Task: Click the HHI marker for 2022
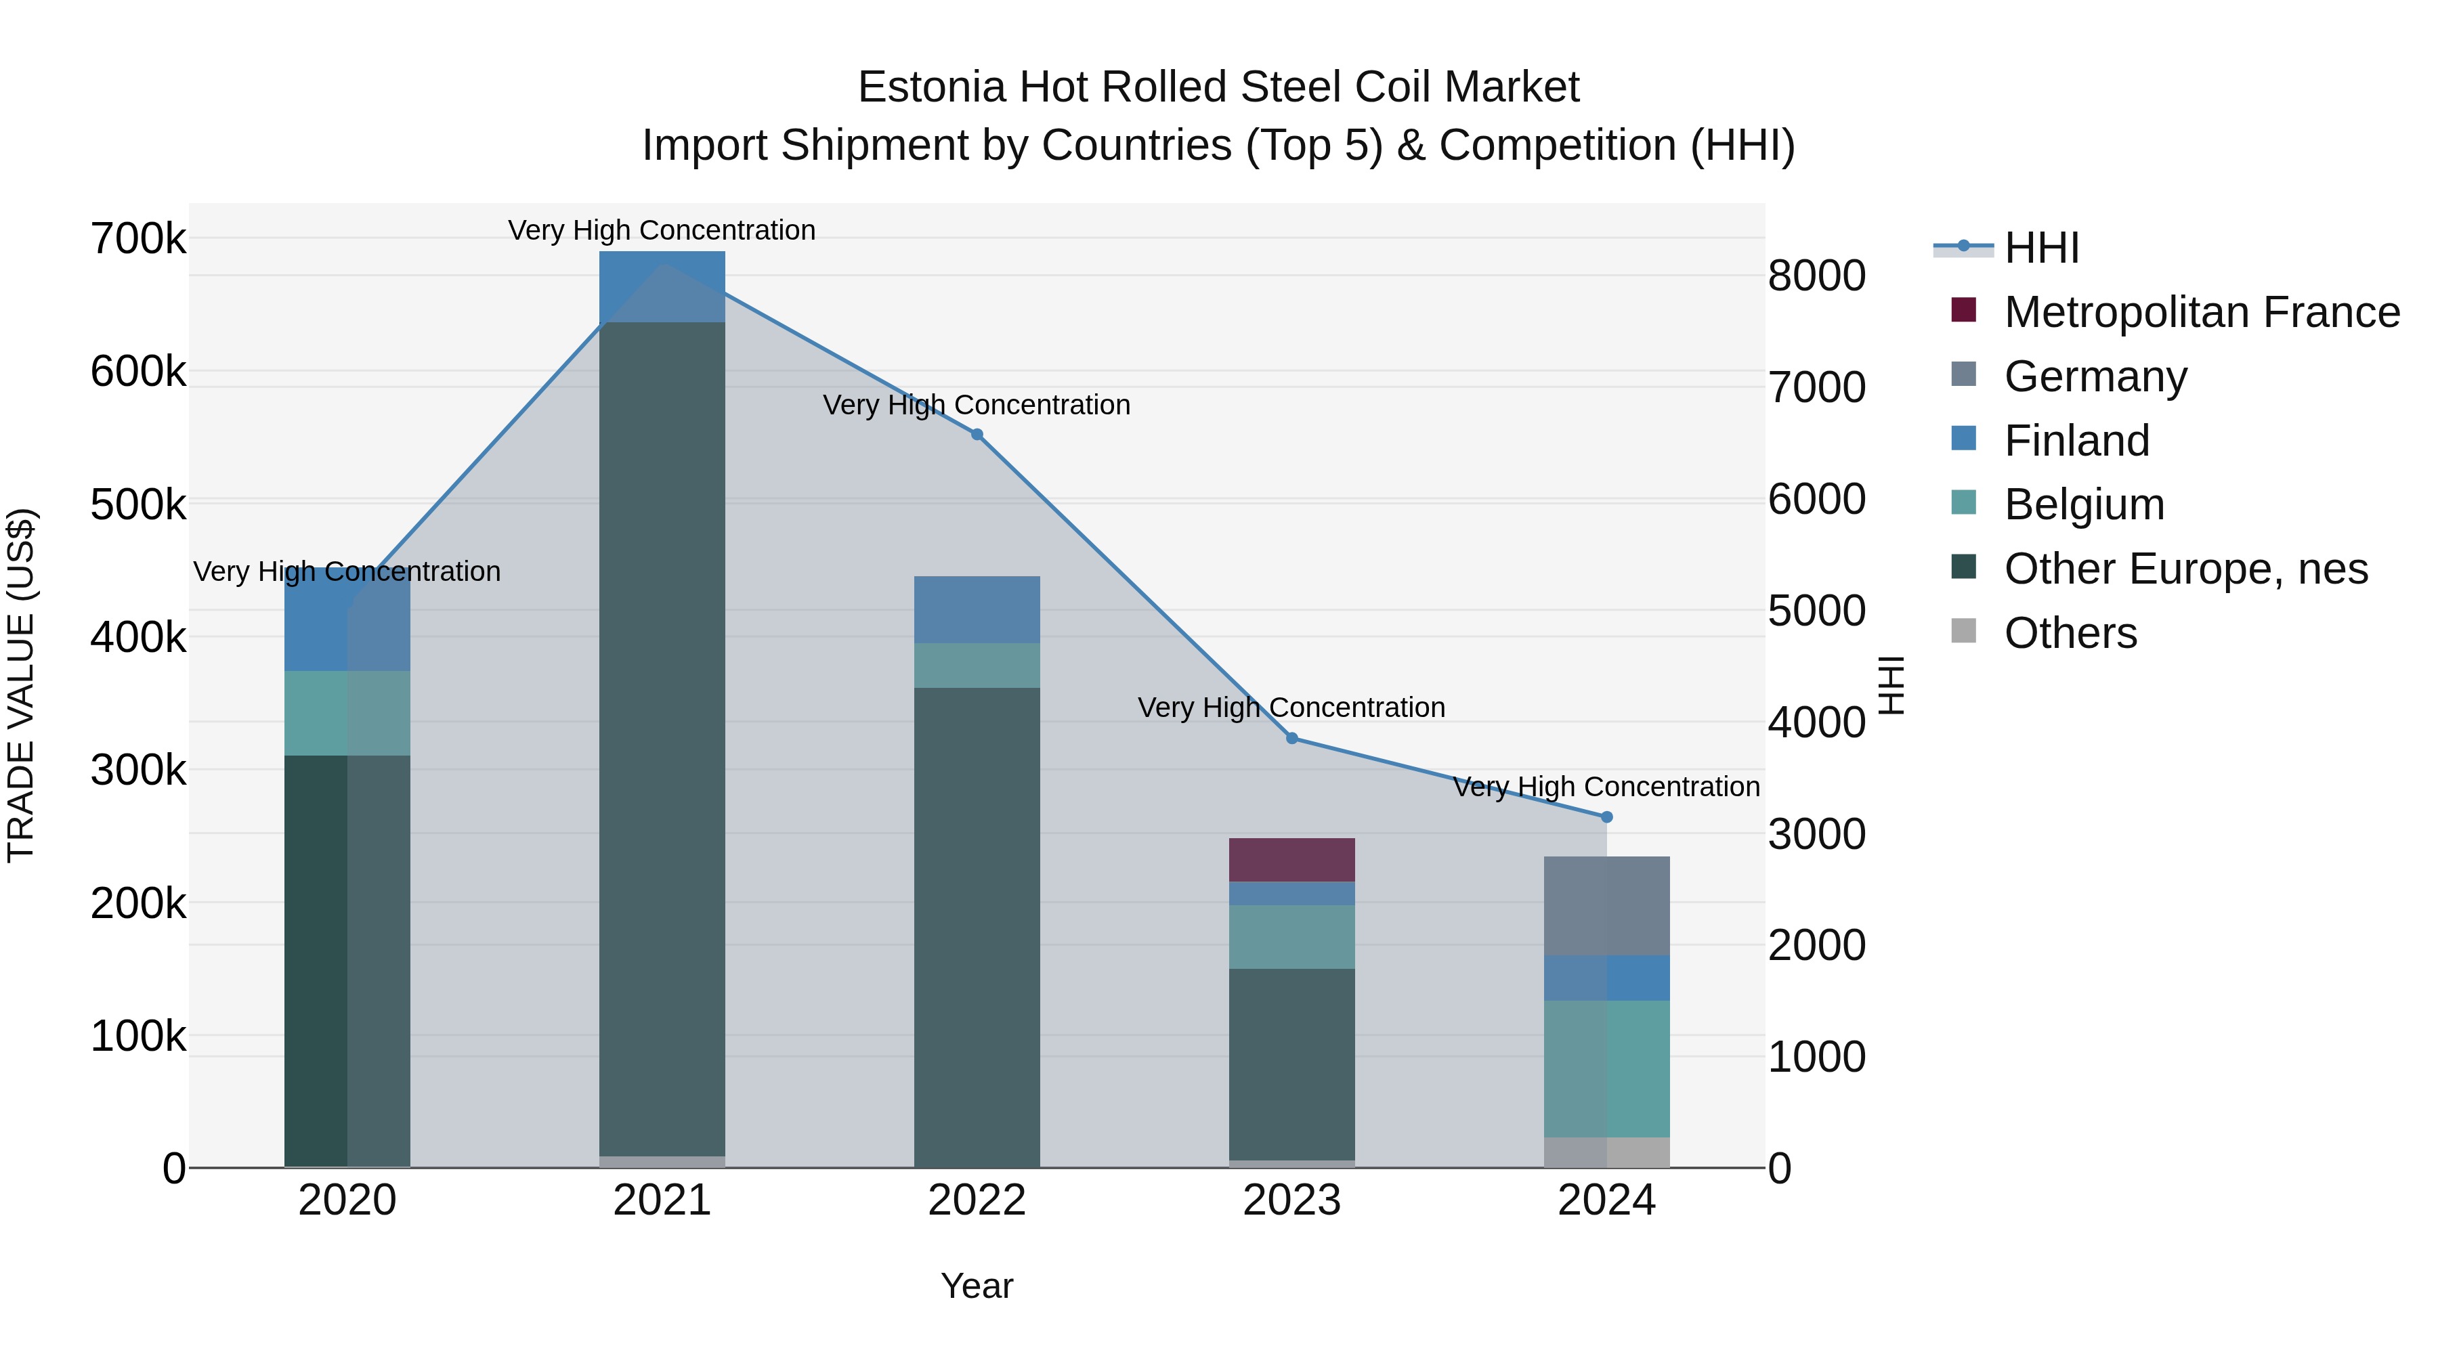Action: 977,435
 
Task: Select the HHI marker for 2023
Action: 1292,738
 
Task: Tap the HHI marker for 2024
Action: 1606,817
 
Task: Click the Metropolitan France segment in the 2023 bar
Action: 1292,859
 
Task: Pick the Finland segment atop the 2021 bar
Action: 662,286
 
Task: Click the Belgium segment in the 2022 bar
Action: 977,665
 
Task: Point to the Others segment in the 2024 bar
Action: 1606,1152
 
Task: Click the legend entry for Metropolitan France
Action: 2202,312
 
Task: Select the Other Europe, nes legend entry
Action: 2185,569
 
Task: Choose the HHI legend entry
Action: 2041,248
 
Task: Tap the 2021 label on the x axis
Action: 662,1200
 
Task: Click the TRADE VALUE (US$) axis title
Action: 21,685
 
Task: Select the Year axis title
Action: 977,1286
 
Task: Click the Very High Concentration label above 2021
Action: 662,230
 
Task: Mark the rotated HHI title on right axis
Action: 1890,685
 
